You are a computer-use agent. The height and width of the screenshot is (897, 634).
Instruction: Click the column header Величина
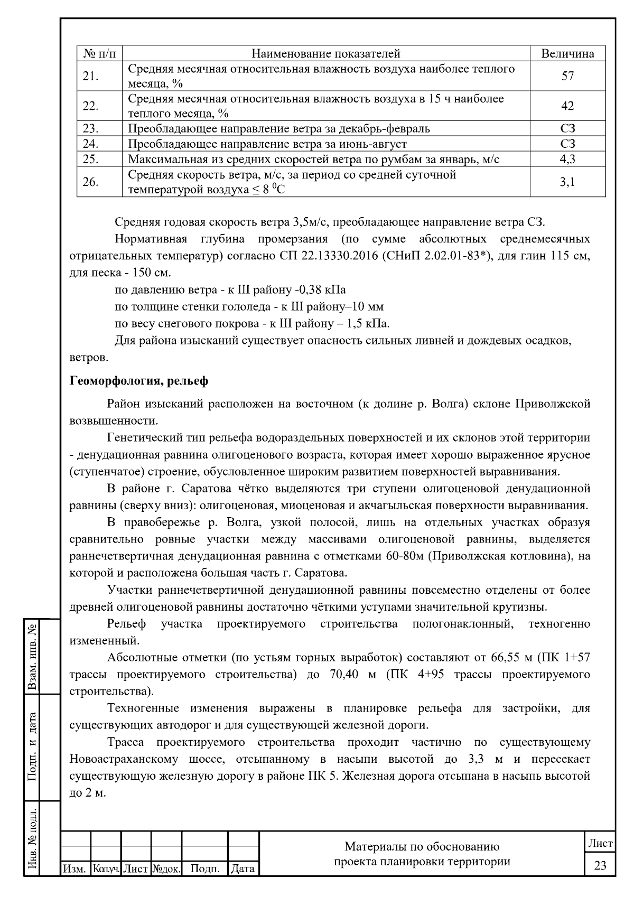click(567, 53)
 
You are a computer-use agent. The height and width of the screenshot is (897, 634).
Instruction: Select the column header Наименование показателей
click(325, 53)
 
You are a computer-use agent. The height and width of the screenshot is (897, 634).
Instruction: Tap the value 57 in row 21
click(567, 76)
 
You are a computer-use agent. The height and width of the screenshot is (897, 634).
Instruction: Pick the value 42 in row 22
click(567, 106)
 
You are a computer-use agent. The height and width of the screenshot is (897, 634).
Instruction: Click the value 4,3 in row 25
click(567, 159)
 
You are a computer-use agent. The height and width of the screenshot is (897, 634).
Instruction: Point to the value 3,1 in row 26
click(567, 182)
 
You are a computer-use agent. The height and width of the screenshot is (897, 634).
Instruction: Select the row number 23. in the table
click(91, 128)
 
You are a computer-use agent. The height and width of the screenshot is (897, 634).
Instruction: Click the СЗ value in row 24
click(567, 144)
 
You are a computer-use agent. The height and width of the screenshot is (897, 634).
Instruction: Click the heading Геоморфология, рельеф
click(139, 381)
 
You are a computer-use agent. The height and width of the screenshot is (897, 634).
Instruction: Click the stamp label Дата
click(243, 868)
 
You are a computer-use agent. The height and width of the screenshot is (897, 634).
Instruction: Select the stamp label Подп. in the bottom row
click(205, 868)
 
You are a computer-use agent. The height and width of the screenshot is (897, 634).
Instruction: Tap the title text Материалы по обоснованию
click(422, 847)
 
